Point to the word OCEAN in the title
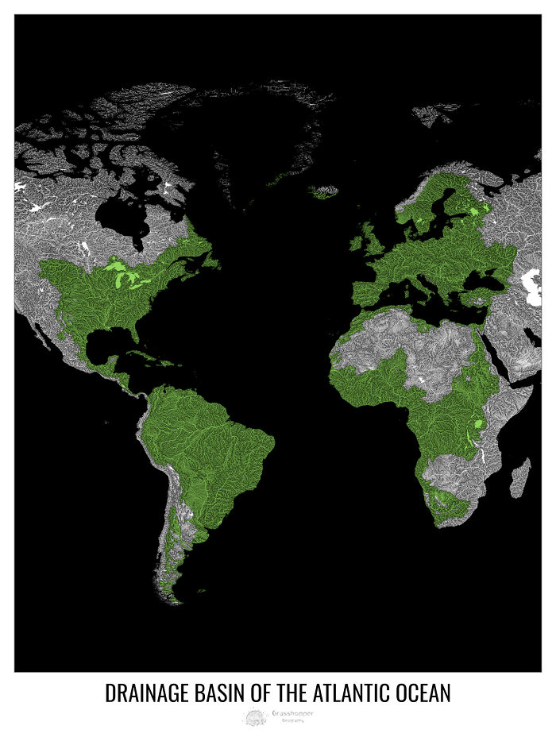click(425, 693)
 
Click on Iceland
click(324, 192)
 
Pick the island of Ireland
click(366, 237)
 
